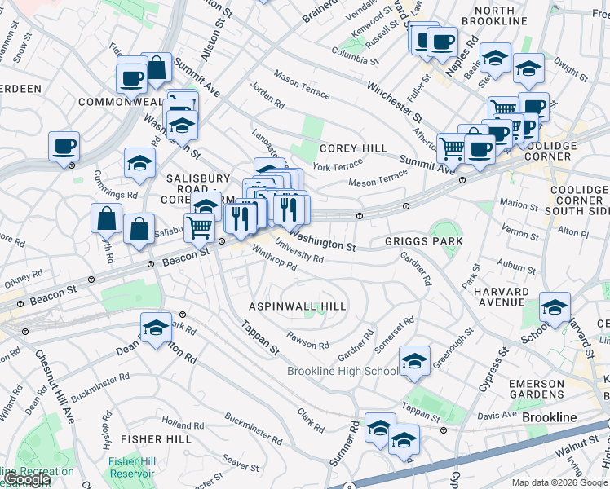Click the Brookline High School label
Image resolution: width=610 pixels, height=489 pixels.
tap(343, 372)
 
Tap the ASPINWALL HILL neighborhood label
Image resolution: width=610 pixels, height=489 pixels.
tap(298, 306)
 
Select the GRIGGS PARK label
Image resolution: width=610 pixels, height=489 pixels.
tap(423, 242)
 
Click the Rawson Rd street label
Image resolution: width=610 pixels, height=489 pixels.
tap(307, 339)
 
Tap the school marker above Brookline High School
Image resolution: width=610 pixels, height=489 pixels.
tap(414, 361)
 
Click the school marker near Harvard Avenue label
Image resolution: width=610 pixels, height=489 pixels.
tap(555, 308)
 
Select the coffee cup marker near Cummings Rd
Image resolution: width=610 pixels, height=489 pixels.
tap(64, 148)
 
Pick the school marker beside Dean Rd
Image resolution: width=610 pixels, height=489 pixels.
tap(156, 328)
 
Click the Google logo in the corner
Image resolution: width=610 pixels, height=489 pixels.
tap(26, 479)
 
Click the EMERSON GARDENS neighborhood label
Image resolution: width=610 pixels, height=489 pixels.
tap(559, 389)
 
